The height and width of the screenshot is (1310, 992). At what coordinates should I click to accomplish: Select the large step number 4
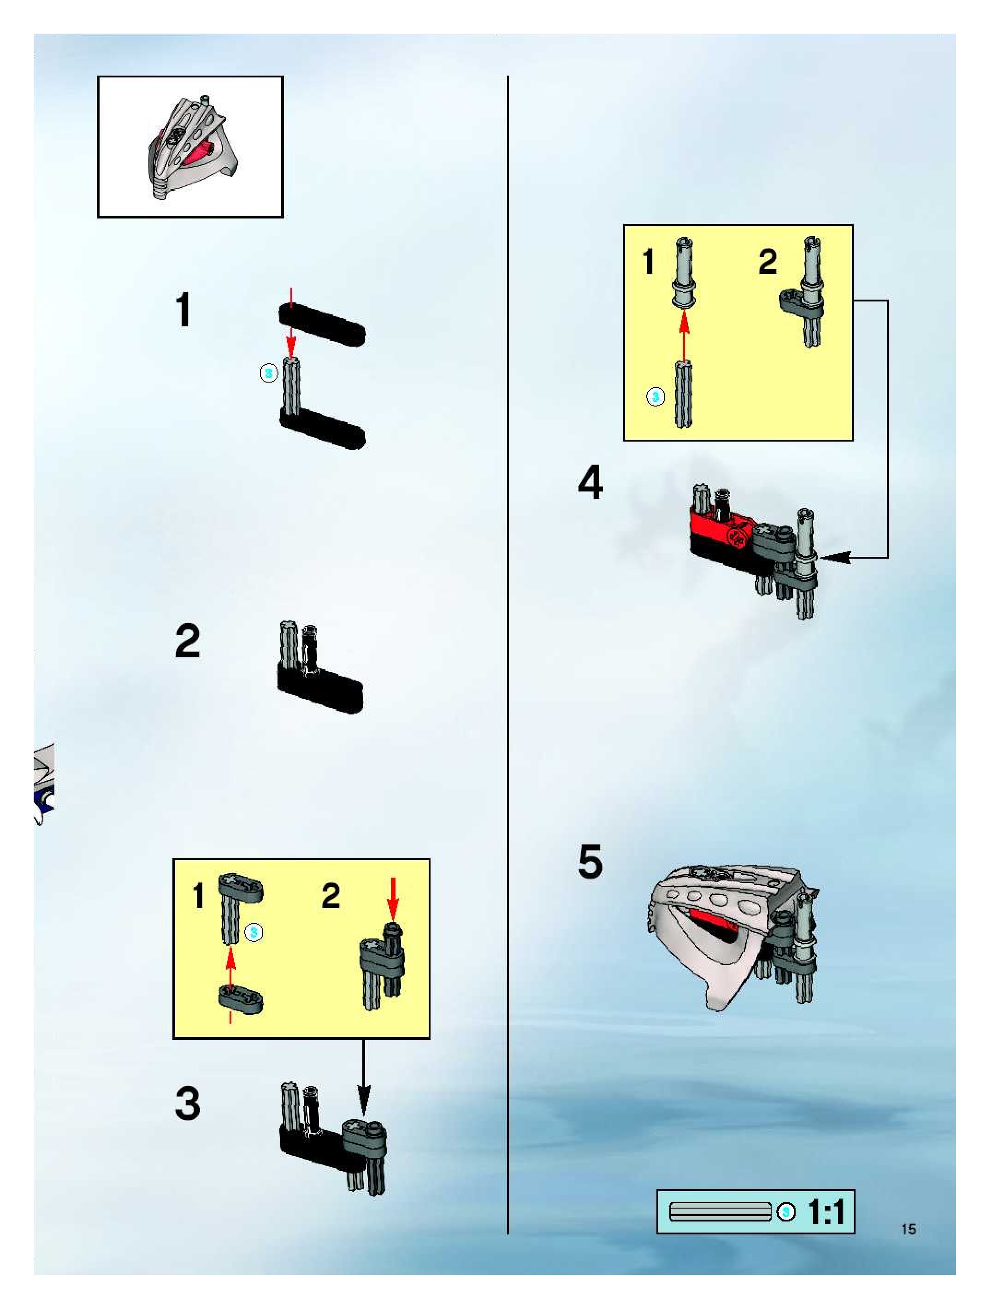click(590, 482)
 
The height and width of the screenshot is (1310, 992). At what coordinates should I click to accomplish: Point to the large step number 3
click(188, 1103)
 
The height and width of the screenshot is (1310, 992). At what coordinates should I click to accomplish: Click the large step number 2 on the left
click(188, 641)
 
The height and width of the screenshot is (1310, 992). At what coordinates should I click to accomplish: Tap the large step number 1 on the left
click(183, 310)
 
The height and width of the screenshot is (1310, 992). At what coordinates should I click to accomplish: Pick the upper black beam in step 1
click(322, 324)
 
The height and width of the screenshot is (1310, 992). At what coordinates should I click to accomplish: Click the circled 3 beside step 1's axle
click(269, 373)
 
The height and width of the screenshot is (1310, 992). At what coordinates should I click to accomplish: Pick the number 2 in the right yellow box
click(768, 262)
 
